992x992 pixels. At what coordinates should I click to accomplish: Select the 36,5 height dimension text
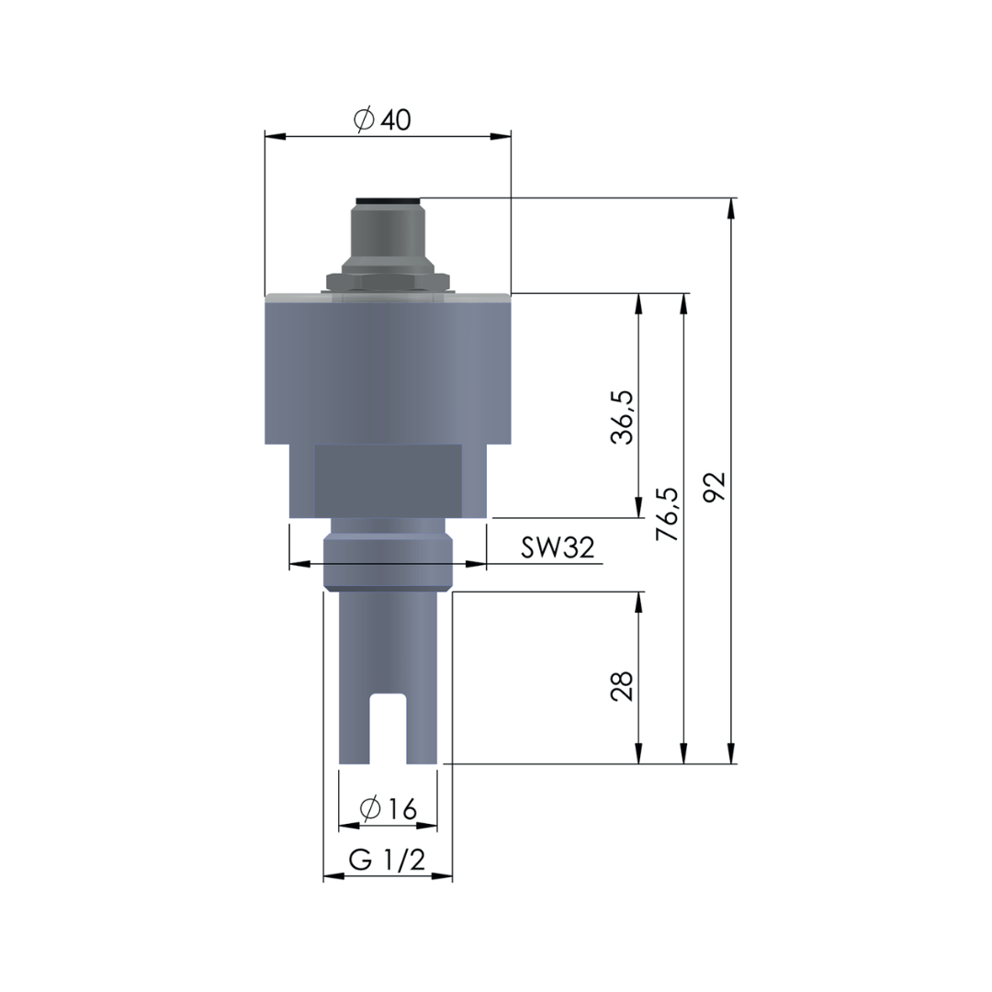coord(624,416)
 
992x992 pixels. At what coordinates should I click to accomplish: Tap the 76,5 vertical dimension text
coord(671,514)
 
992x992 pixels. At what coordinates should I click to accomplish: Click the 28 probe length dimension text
coord(624,686)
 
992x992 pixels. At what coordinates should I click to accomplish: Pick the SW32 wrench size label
coord(558,547)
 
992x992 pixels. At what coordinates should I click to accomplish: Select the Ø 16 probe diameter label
coord(389,809)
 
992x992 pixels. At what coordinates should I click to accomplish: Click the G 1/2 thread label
coord(387,861)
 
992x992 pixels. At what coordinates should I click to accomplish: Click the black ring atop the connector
coord(388,200)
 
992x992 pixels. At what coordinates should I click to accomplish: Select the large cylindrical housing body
coord(388,372)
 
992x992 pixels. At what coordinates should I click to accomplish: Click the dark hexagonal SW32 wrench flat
coord(388,479)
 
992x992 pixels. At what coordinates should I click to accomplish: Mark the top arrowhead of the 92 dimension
coord(731,208)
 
